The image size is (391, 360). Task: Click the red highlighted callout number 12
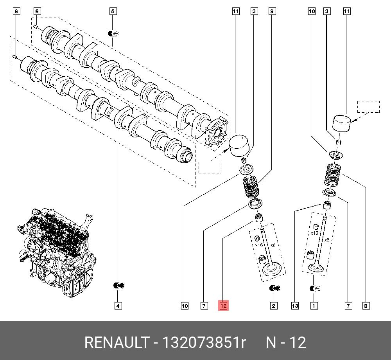pyautogui.click(x=223, y=306)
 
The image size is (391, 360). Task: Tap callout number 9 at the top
pyautogui.click(x=272, y=12)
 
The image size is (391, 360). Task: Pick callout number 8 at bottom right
pyautogui.click(x=366, y=306)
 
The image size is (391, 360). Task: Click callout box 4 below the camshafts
pyautogui.click(x=118, y=306)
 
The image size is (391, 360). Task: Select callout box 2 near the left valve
pyautogui.click(x=273, y=306)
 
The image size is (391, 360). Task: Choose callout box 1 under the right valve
pyautogui.click(x=313, y=306)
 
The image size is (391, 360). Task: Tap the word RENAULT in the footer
pyautogui.click(x=115, y=343)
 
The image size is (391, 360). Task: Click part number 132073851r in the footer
pyautogui.click(x=204, y=343)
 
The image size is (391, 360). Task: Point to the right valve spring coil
pyautogui.click(x=334, y=176)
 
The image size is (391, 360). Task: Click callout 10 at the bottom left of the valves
pyautogui.click(x=185, y=306)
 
